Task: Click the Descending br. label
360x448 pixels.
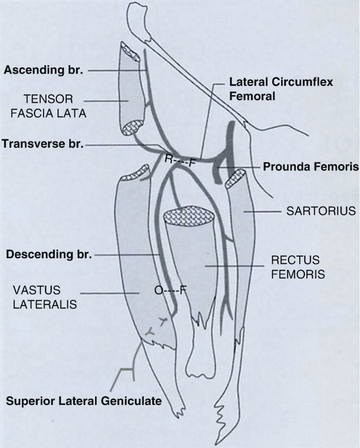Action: coord(49,255)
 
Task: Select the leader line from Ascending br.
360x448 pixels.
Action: coord(110,69)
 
